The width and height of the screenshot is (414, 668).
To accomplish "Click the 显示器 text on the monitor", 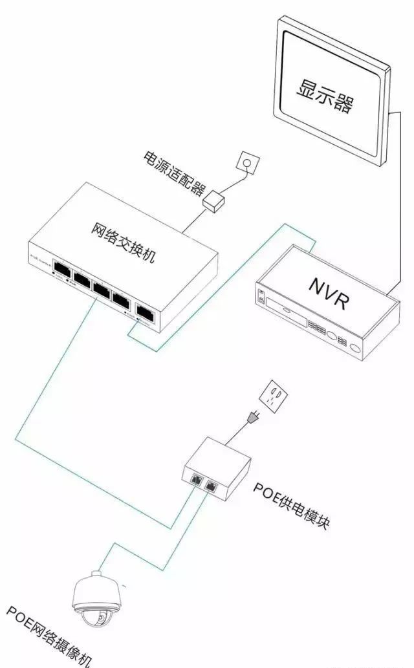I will [x=325, y=96].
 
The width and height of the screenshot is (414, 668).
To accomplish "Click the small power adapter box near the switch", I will [x=213, y=202].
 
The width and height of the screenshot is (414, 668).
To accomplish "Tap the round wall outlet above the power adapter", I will [x=246, y=160].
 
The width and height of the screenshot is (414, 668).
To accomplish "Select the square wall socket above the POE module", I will [x=274, y=394].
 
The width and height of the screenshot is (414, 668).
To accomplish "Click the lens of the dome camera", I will [x=102, y=619].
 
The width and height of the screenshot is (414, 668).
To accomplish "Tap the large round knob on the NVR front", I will [x=332, y=337].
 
